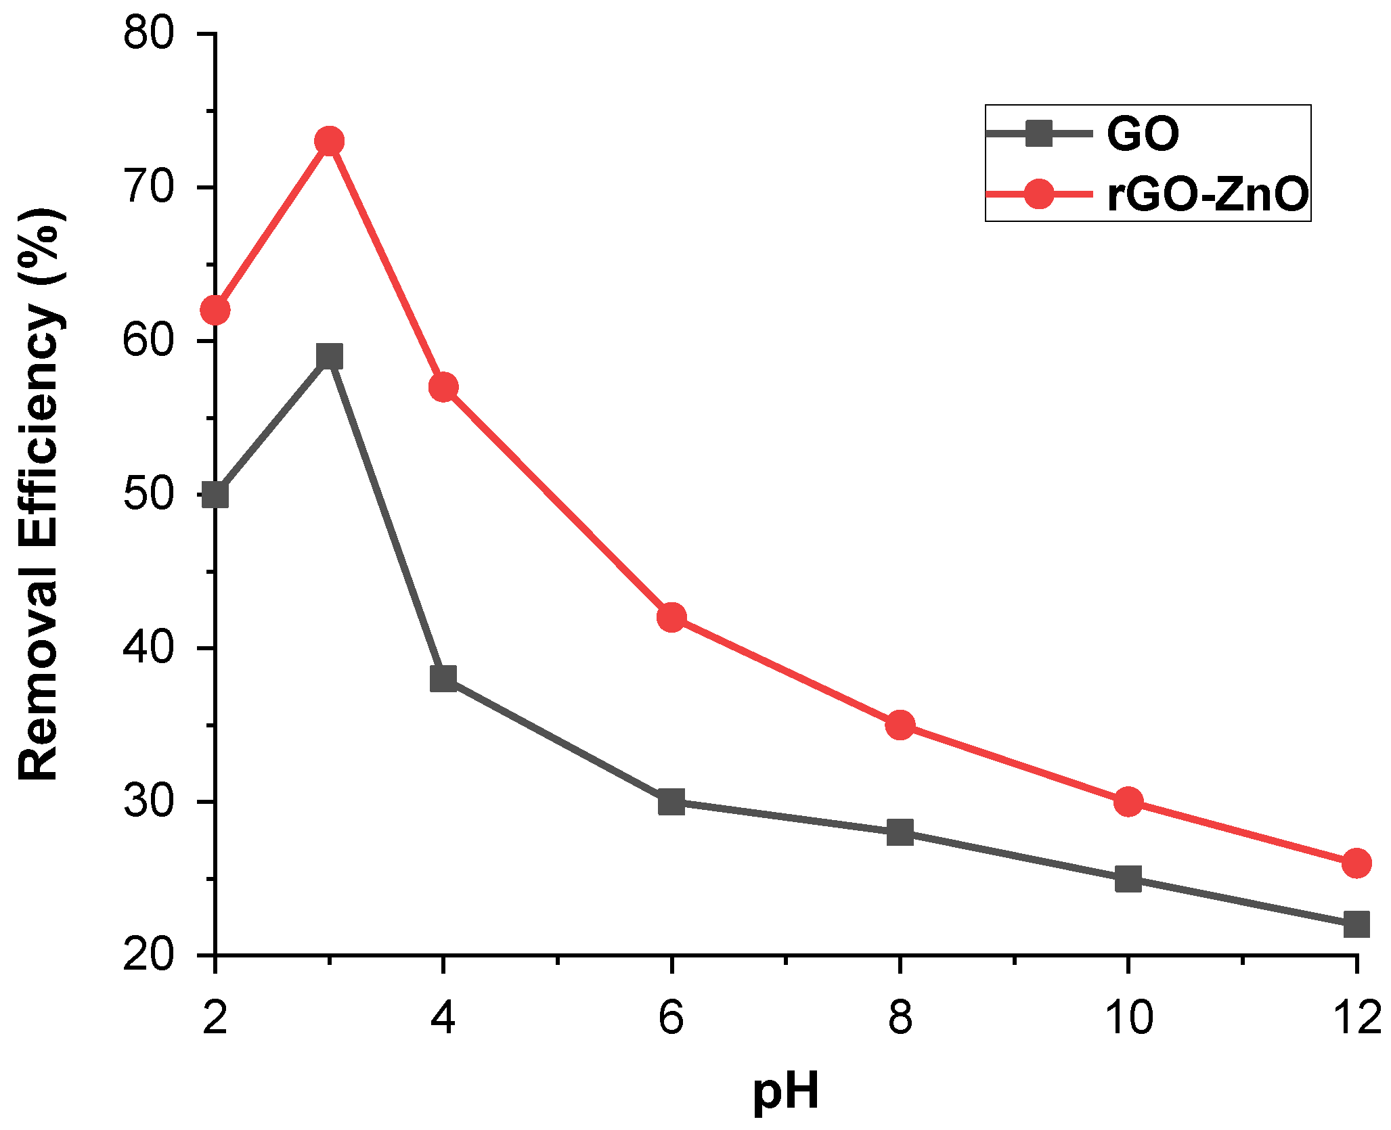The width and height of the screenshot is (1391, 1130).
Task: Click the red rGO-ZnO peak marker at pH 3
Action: (x=329, y=141)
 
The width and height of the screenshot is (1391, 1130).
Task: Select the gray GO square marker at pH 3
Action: (x=329, y=356)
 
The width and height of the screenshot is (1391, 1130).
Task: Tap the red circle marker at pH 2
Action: (x=215, y=310)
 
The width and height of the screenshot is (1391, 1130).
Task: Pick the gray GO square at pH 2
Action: (x=215, y=495)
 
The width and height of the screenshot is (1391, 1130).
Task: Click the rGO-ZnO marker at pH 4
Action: (x=443, y=387)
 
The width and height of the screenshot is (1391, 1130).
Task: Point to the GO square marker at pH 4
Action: (x=443, y=678)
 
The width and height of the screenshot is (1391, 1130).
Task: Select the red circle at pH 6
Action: (x=671, y=617)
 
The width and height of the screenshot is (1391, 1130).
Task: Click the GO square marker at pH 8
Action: (x=900, y=832)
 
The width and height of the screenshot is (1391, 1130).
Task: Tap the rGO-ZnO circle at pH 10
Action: (x=1128, y=802)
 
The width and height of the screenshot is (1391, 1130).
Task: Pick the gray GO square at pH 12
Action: (x=1356, y=924)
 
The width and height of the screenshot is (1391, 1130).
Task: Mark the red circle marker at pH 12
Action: (x=1356, y=863)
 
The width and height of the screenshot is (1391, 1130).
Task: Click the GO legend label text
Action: (x=1143, y=134)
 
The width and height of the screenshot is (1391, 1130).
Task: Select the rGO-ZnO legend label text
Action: (x=1208, y=195)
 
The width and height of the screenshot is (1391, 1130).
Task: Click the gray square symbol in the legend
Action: (x=1039, y=133)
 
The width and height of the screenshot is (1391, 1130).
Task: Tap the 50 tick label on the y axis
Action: (x=149, y=495)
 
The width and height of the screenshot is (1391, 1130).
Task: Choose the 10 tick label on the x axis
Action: (x=1128, y=1017)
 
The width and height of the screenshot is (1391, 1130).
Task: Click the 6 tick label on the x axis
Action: (x=671, y=1017)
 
